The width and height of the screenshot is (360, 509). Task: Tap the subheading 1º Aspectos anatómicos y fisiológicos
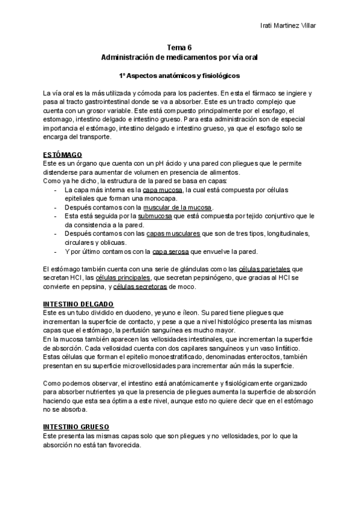coord(179,76)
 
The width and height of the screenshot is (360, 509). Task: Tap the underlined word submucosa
coord(155,216)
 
